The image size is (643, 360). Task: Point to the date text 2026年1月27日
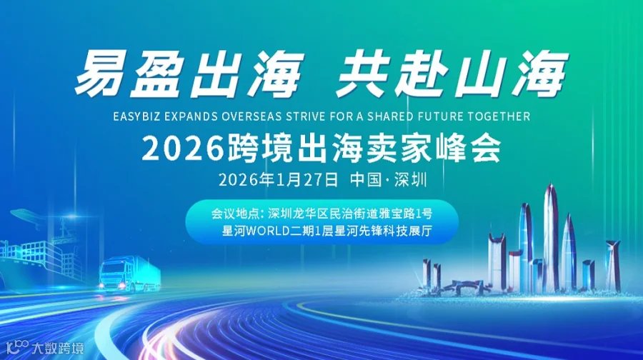278,179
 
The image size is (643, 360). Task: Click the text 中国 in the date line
363,179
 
